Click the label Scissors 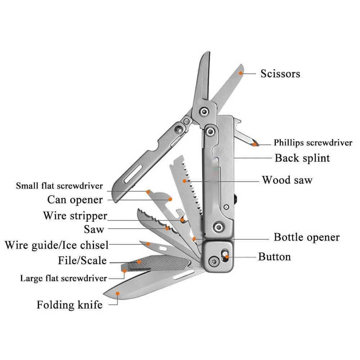pos(280,74)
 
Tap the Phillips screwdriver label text pos(313,143)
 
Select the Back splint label pos(302,158)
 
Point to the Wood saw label pos(287,180)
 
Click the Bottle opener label pos(306,237)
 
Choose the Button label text pos(274,257)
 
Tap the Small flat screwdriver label pos(59,186)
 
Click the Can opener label pos(75,199)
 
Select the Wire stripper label pos(75,216)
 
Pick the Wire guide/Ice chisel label pos(57,246)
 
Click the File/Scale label pos(82,260)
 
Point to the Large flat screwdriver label pos(63,278)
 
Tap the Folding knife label pos(69,305)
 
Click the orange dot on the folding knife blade pos(118,293)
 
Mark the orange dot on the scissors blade pos(240,72)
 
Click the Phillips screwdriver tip pos(255,144)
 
